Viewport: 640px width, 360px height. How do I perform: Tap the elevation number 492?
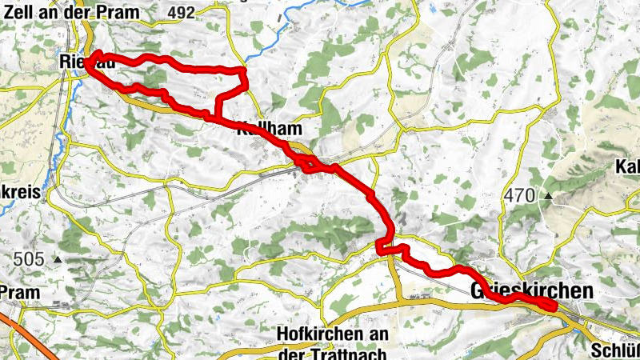pyautogui.click(x=182, y=12)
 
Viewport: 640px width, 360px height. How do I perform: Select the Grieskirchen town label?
pyautogui.click(x=533, y=291)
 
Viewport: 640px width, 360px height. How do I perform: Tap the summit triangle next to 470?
pyautogui.click(x=550, y=195)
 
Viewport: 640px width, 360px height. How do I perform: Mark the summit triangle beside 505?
pyautogui.click(x=57, y=259)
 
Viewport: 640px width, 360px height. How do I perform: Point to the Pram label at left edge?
pyautogui.click(x=19, y=292)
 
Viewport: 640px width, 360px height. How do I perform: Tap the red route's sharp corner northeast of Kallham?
pyautogui.click(x=243, y=74)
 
